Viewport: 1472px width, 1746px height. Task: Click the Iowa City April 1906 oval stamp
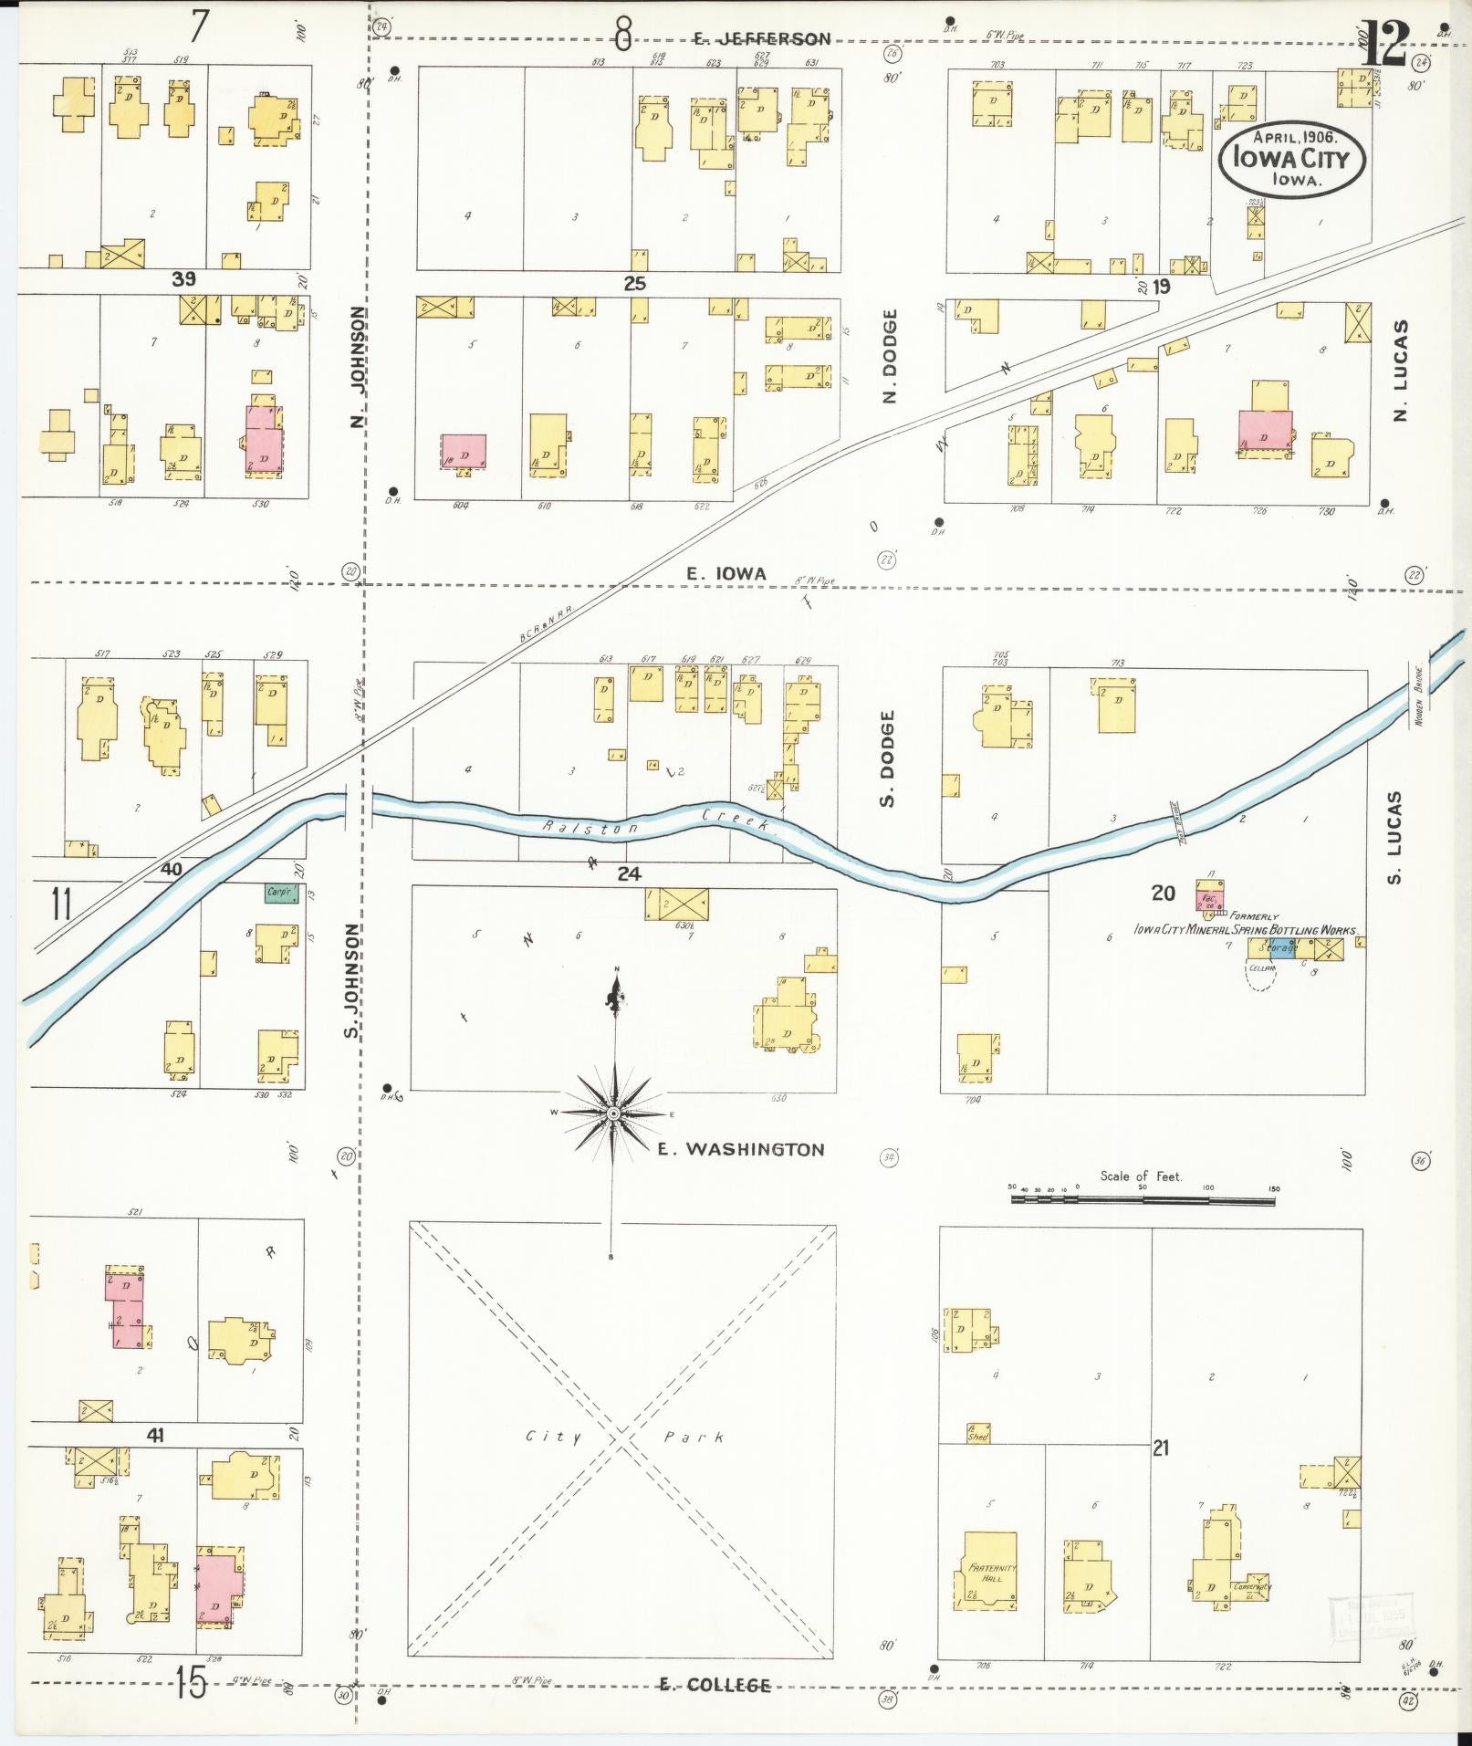pos(1293,158)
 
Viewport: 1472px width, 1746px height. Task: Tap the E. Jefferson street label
pos(761,38)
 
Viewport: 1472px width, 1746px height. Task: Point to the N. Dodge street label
pos(891,355)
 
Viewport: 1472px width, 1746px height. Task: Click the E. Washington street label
pos(741,1149)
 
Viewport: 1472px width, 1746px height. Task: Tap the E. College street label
pos(715,1685)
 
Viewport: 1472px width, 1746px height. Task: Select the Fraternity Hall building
pos(990,1570)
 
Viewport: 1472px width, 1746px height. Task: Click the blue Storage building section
pos(1281,947)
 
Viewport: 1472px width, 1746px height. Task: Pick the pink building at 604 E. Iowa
pos(464,451)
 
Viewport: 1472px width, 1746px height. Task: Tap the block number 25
pos(634,284)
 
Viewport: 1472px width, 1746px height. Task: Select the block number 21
pos(1160,1447)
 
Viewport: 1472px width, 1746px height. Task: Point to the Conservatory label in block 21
pos(1251,1586)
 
